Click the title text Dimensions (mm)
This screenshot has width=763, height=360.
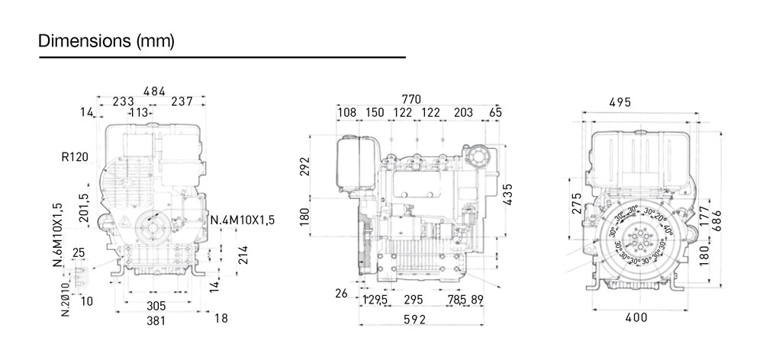pyautogui.click(x=107, y=41)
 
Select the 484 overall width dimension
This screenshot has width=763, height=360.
pyautogui.click(x=154, y=92)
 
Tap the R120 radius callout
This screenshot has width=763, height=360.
pyautogui.click(x=75, y=158)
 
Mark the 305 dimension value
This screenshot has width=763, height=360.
pyautogui.click(x=156, y=305)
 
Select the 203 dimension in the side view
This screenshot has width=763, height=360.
pyautogui.click(x=463, y=112)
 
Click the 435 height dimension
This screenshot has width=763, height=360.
pyautogui.click(x=507, y=195)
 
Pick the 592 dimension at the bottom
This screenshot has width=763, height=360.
pyautogui.click(x=414, y=320)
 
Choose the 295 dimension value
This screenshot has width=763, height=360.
pyautogui.click(x=413, y=300)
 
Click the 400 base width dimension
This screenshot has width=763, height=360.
pyautogui.click(x=636, y=317)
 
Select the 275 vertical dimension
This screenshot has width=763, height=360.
pyautogui.click(x=577, y=204)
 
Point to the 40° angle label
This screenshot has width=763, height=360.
pyautogui.click(x=668, y=229)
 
